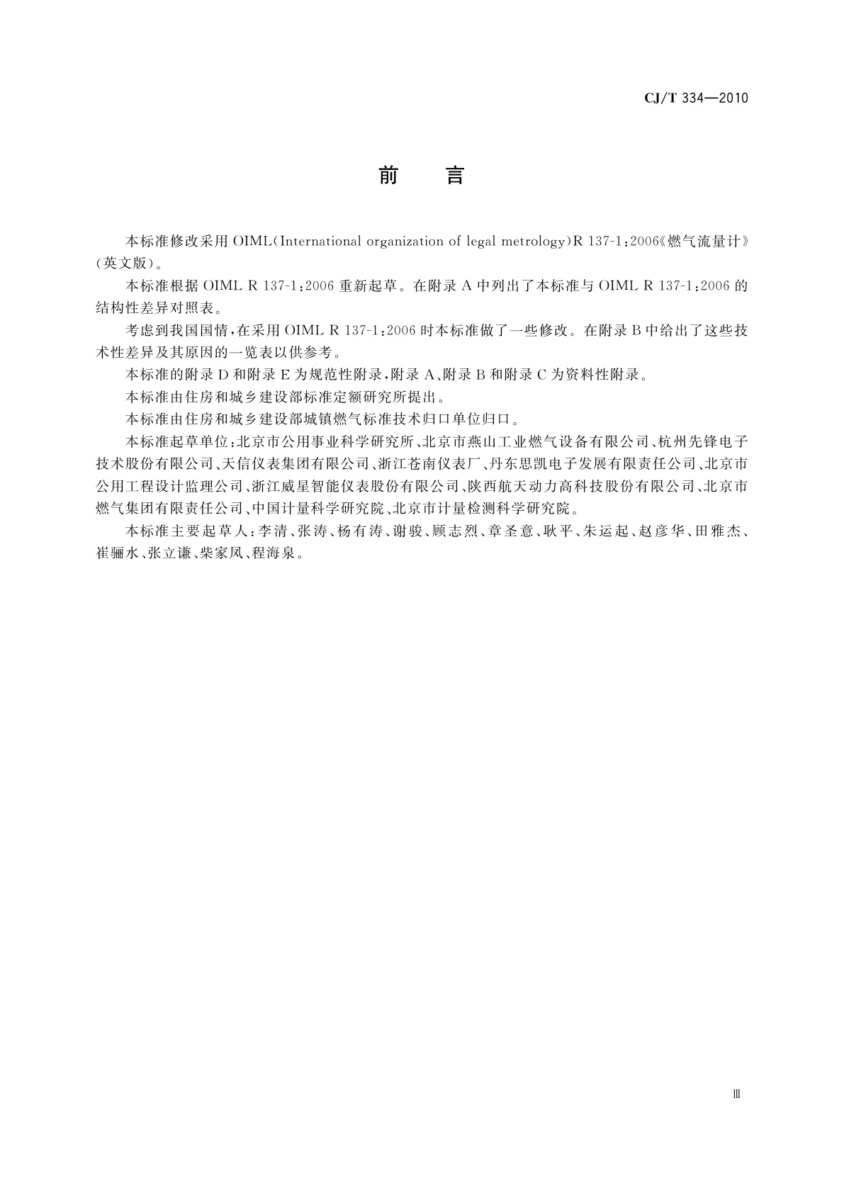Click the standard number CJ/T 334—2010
pyautogui.click(x=696, y=98)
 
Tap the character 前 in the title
pyautogui.click(x=388, y=175)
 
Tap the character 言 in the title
pyautogui.click(x=454, y=175)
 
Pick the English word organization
pyautogui.click(x=403, y=242)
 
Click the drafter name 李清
pyautogui.click(x=270, y=531)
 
